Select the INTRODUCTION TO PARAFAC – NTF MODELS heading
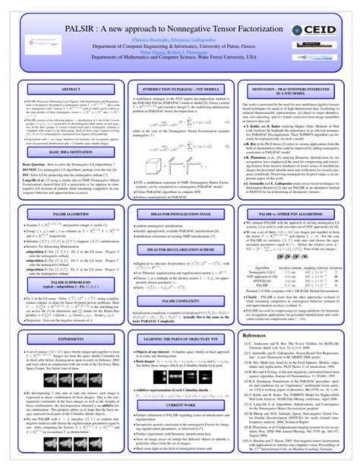(180, 90)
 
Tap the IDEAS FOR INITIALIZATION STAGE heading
(180, 216)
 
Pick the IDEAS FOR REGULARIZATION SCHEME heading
(180, 250)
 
